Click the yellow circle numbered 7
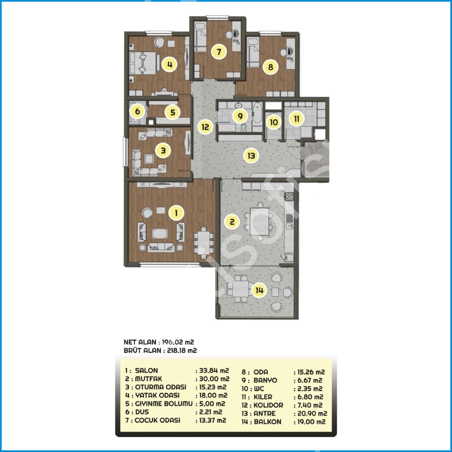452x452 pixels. pos(219,52)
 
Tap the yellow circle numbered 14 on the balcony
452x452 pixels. pos(259,290)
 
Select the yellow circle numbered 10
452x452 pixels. pos(274,122)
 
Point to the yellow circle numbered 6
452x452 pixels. pos(138,111)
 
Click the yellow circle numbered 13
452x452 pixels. pos(251,156)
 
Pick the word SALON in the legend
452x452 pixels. pos(146,370)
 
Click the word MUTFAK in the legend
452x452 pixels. pos(149,379)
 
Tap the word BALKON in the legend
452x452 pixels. pos(267,422)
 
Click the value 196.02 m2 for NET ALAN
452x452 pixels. pos(178,342)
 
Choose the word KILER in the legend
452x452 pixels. pos(263,397)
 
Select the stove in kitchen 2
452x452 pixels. pos(289,197)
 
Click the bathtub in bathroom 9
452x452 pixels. pos(257,114)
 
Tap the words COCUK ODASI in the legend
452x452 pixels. pos(157,420)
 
